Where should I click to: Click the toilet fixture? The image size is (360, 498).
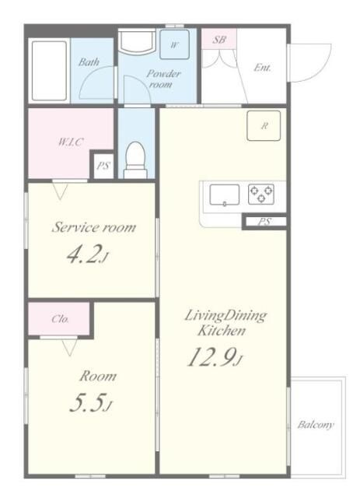tap(135, 160)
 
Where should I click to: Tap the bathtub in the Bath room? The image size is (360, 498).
tap(49, 71)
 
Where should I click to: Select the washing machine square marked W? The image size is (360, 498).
tap(174, 44)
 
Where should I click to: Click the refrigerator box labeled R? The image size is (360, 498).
tap(264, 125)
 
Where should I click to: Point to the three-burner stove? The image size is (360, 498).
tap(261, 194)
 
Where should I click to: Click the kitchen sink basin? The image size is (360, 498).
tap(224, 195)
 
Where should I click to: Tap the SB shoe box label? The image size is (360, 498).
tap(219, 40)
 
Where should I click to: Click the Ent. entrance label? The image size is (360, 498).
tap(262, 68)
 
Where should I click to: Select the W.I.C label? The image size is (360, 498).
tap(71, 142)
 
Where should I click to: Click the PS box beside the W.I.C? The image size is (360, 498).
tap(103, 166)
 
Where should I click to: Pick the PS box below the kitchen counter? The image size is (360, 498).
tap(265, 221)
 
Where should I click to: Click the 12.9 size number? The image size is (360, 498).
tap(215, 357)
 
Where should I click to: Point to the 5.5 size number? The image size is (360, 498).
tap(91, 404)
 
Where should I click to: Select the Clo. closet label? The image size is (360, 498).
tap(61, 318)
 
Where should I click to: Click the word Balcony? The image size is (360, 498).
tap(316, 425)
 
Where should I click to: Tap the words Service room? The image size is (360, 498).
tap(93, 227)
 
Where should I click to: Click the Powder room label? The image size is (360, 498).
tap(163, 79)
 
